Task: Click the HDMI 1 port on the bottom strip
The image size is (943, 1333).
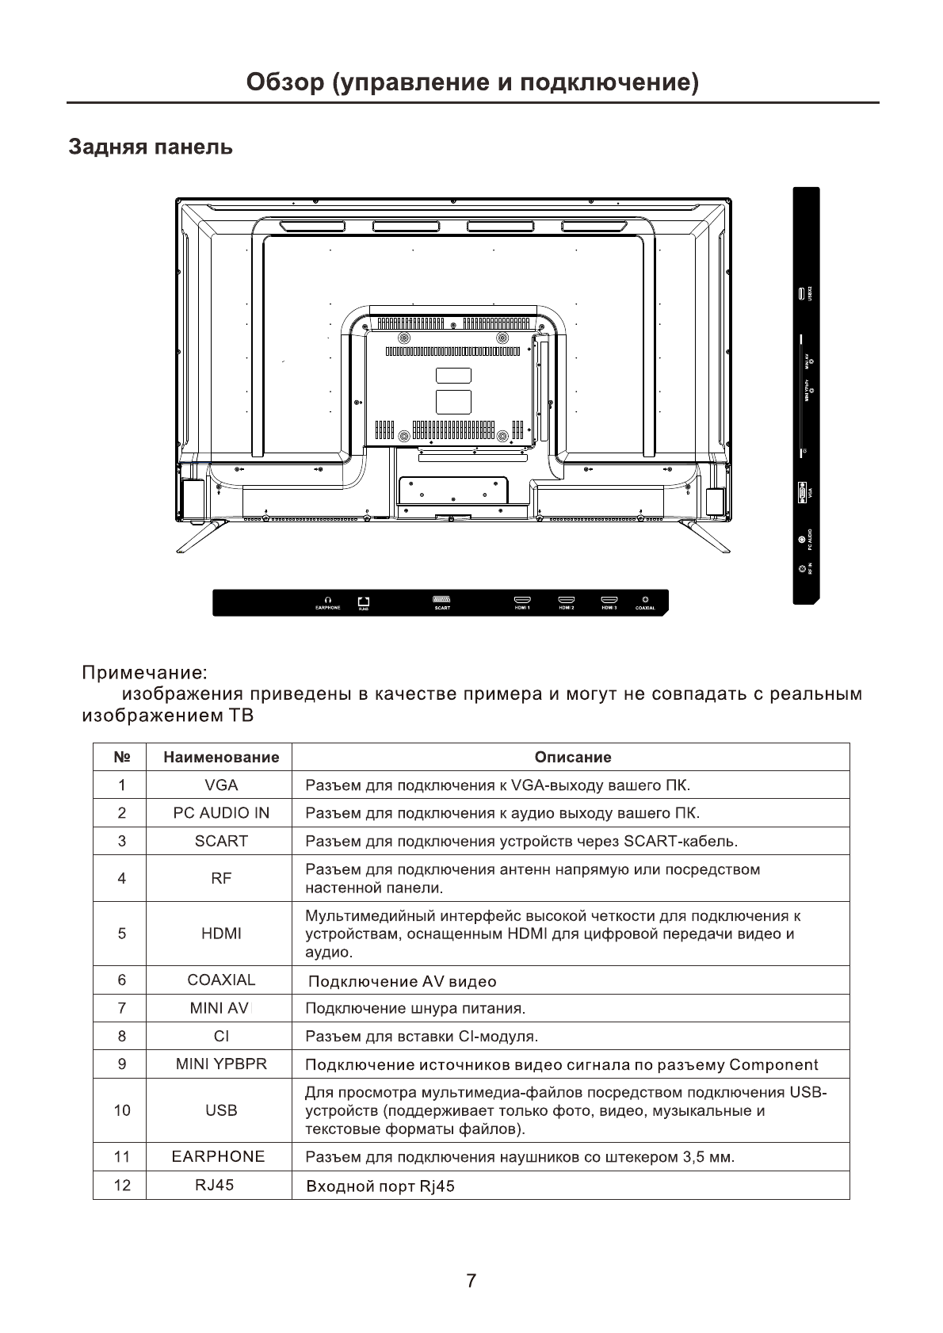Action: (x=522, y=600)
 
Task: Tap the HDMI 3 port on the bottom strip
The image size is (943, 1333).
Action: (x=609, y=600)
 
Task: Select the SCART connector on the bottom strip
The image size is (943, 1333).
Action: (x=442, y=600)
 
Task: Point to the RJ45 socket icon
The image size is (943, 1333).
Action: (x=364, y=601)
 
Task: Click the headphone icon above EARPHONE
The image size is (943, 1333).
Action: (x=328, y=600)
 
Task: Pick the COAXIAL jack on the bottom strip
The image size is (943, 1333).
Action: (x=645, y=599)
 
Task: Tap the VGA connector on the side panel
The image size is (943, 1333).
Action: (x=802, y=491)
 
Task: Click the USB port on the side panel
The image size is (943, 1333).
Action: (x=802, y=293)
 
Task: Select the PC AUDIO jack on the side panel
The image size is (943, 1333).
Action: (x=802, y=541)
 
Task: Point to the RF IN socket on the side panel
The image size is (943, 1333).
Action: (x=802, y=569)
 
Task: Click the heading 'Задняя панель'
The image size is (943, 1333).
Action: (x=151, y=147)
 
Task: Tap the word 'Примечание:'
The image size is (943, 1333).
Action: (x=145, y=673)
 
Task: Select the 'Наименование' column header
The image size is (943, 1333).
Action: (x=221, y=757)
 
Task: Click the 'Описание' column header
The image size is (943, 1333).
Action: (x=573, y=757)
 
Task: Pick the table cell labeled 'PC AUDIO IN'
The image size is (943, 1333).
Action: (x=221, y=813)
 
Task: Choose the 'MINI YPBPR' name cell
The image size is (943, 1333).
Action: (x=221, y=1064)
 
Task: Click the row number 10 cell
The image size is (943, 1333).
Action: (x=121, y=1110)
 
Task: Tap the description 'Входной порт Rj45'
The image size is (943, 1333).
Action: (x=380, y=1186)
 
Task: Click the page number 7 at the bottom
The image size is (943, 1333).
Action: (x=471, y=1281)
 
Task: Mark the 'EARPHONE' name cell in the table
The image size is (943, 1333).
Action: (x=219, y=1156)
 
